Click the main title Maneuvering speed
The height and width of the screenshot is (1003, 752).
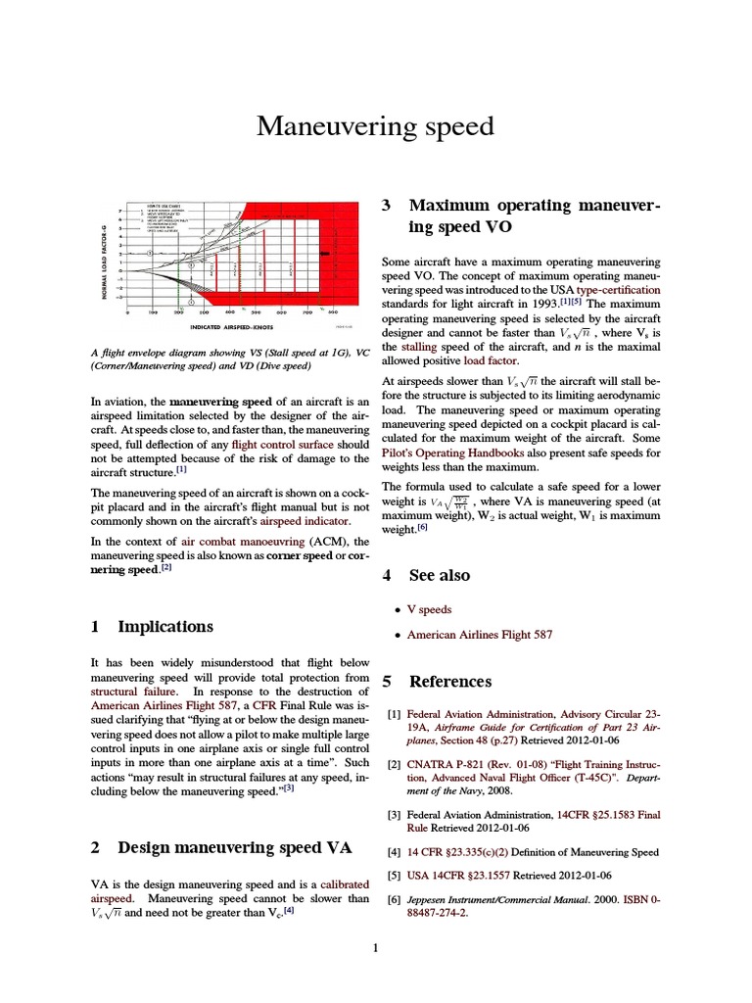point(376,127)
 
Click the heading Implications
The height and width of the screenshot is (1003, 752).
point(164,626)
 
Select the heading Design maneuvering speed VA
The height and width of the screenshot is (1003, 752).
point(234,847)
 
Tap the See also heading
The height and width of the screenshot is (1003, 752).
point(439,575)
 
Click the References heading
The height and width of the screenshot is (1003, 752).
point(449,681)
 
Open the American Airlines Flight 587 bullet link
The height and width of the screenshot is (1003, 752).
point(480,635)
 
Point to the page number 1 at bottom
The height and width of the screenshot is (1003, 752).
point(375,947)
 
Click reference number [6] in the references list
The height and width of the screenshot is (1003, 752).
point(394,899)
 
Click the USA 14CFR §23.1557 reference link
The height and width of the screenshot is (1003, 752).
point(462,875)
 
